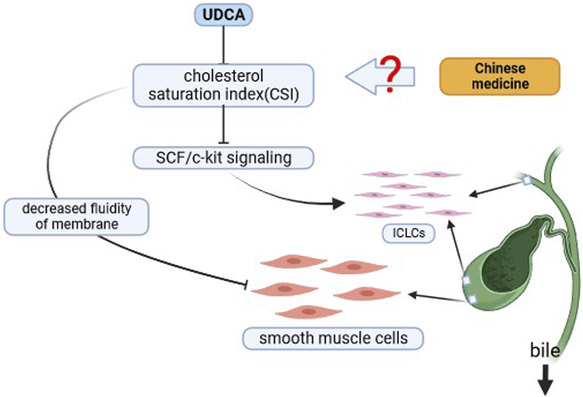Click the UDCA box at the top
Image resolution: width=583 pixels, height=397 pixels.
pyautogui.click(x=224, y=15)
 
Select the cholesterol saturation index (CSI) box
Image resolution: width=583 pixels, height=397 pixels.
pyautogui.click(x=223, y=85)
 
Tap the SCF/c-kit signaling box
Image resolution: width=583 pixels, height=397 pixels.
pyautogui.click(x=223, y=158)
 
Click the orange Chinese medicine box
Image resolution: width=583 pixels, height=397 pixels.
pyautogui.click(x=499, y=76)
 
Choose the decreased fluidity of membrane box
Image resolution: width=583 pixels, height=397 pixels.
pyautogui.click(x=77, y=217)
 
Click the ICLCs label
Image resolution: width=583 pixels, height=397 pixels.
pyautogui.click(x=409, y=233)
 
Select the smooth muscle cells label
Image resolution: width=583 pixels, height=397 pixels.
pyautogui.click(x=333, y=338)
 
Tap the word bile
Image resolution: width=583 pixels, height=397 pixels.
pyautogui.click(x=544, y=351)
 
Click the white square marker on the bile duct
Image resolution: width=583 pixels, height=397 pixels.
pyautogui.click(x=527, y=180)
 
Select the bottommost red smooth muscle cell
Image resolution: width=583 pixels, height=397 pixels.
pyautogui.click(x=309, y=312)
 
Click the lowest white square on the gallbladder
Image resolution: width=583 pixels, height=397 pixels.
pyautogui.click(x=472, y=299)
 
